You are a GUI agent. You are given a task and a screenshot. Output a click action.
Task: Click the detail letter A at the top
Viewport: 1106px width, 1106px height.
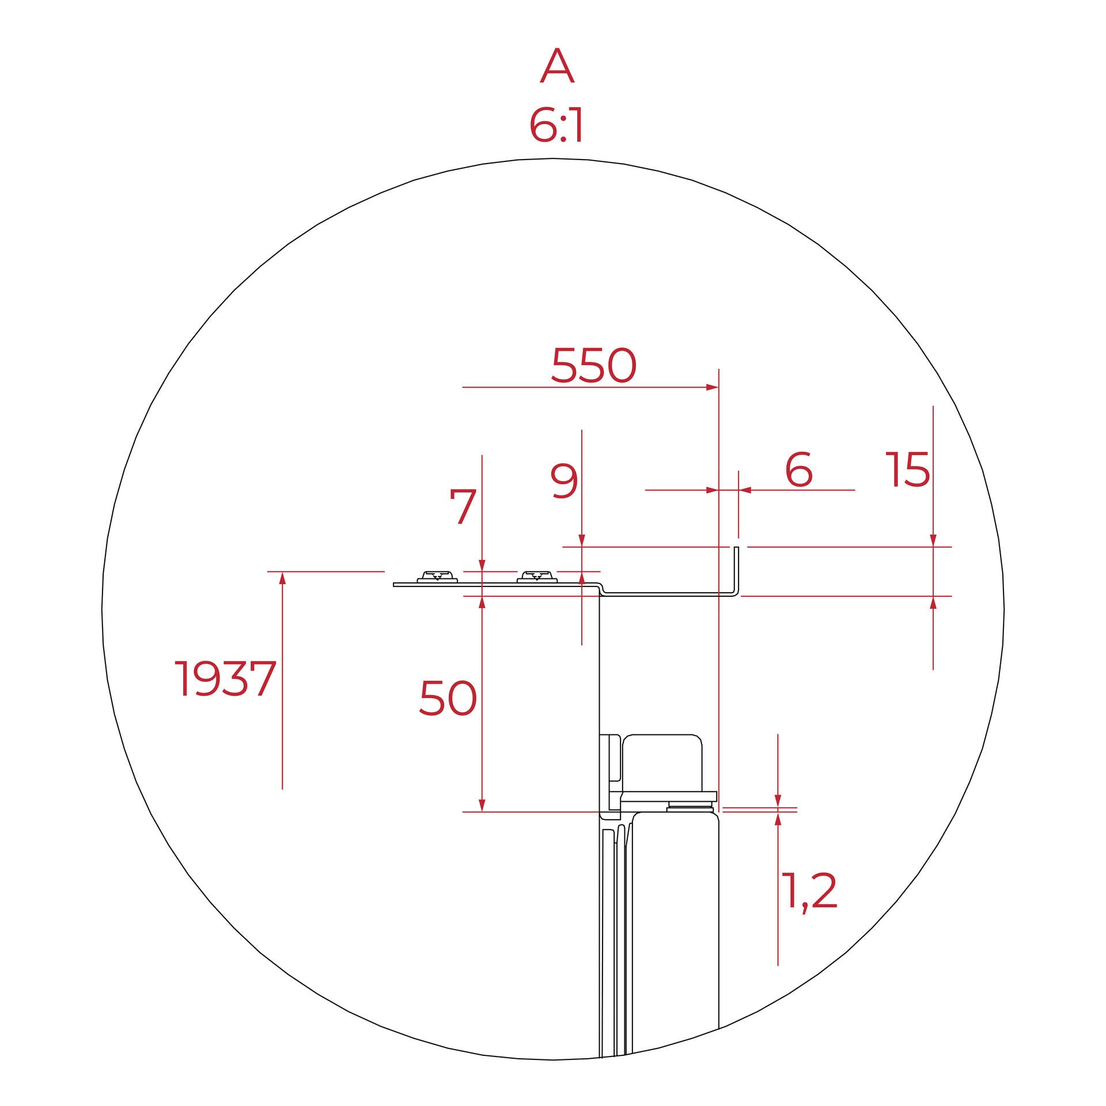pyautogui.click(x=556, y=66)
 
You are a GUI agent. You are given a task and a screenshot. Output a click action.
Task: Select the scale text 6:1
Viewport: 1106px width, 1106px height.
pyautogui.click(x=556, y=126)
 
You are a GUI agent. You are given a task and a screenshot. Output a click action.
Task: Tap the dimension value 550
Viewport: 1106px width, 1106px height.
pyautogui.click(x=593, y=366)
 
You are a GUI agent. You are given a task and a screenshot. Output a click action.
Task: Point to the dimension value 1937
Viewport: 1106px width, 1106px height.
pyautogui.click(x=225, y=679)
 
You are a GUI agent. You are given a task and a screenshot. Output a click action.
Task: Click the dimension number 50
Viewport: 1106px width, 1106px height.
pyautogui.click(x=448, y=698)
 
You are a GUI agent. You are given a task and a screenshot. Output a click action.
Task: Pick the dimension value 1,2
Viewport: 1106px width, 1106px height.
pyautogui.click(x=809, y=892)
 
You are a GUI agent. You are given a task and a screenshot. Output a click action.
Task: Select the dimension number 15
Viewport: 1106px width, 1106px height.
pyautogui.click(x=907, y=469)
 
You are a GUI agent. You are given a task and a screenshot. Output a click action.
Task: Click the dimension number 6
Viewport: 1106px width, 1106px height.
pyautogui.click(x=799, y=469)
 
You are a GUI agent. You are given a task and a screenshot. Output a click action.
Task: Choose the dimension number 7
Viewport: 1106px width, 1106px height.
pyautogui.click(x=463, y=507)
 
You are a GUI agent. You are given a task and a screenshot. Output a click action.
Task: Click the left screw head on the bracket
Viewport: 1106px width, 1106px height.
pyautogui.click(x=437, y=577)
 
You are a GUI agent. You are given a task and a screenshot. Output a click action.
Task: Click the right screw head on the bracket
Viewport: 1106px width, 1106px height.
pyautogui.click(x=537, y=577)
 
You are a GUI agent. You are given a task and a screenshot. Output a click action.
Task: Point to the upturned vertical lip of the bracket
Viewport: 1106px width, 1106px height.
pyautogui.click(x=736, y=567)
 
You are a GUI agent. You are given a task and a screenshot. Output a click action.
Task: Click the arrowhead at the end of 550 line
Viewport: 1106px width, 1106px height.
pyautogui.click(x=713, y=388)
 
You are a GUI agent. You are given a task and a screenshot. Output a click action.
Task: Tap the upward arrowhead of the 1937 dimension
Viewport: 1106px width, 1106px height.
pyautogui.click(x=282, y=578)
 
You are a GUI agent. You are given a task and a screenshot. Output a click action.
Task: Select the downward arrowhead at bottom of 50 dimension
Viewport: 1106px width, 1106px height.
pyautogui.click(x=482, y=805)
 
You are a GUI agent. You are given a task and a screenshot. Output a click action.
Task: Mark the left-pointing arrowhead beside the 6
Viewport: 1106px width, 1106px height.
pyautogui.click(x=745, y=490)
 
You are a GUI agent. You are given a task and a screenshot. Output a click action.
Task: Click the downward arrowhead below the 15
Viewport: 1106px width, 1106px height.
pyautogui.click(x=933, y=540)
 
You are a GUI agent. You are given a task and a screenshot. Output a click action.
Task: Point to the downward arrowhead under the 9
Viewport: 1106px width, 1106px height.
pyautogui.click(x=582, y=540)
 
